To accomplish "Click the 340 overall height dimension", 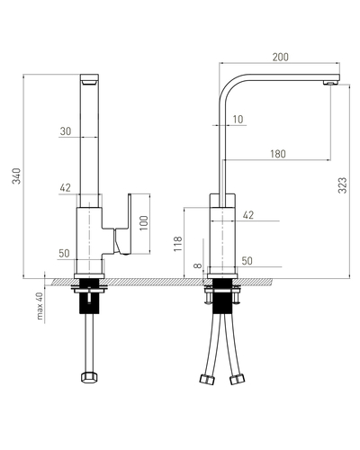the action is tap(17, 176).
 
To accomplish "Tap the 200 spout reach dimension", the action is tap(280, 57).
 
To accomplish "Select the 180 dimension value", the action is tap(278, 154).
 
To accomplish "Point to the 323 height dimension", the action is tap(342, 185).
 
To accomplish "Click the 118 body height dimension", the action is tap(178, 244).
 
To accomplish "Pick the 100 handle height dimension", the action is tap(144, 223).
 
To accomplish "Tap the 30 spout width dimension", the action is tap(66, 131).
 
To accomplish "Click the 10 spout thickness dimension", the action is tap(238, 120).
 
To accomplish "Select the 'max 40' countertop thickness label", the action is tap(40, 306).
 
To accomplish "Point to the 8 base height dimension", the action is tap(197, 265).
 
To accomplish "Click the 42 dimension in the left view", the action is tap(65, 188).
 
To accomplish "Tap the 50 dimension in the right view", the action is tap(247, 261).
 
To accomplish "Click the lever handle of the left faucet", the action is tap(123, 225).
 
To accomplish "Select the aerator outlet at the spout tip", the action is tap(329, 83).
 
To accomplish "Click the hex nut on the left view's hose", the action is tap(89, 377).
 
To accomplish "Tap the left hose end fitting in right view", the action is tap(207, 379).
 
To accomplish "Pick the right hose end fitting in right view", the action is tap(238, 379).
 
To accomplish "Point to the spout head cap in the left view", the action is tap(89, 80).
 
